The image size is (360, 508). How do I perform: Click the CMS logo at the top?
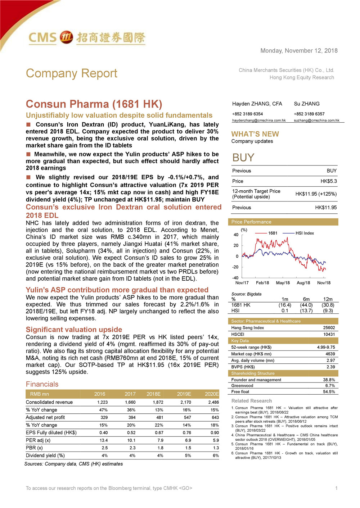point(86,37)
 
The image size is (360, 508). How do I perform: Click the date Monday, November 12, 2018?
point(299,51)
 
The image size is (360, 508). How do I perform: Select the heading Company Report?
point(71,73)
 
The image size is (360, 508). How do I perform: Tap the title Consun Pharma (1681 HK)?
point(94,104)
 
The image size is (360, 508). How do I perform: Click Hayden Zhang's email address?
point(259,121)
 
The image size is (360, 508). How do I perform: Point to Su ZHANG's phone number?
point(309,114)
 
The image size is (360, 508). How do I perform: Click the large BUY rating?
point(243,158)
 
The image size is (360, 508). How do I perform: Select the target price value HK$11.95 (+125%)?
point(316,194)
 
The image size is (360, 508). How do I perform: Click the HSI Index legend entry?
point(304,233)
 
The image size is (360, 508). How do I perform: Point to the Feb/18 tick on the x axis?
point(262,283)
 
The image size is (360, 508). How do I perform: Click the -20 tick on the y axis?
point(235,267)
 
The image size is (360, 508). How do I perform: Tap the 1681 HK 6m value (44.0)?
point(306,305)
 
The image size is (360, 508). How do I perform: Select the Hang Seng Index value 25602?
point(329,328)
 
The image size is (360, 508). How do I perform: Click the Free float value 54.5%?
point(329,392)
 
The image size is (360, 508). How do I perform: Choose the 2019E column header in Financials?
point(184,394)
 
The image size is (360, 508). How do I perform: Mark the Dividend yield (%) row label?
point(45,455)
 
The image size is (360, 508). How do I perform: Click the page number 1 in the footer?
point(336,488)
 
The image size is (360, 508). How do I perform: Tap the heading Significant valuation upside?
point(74,330)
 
